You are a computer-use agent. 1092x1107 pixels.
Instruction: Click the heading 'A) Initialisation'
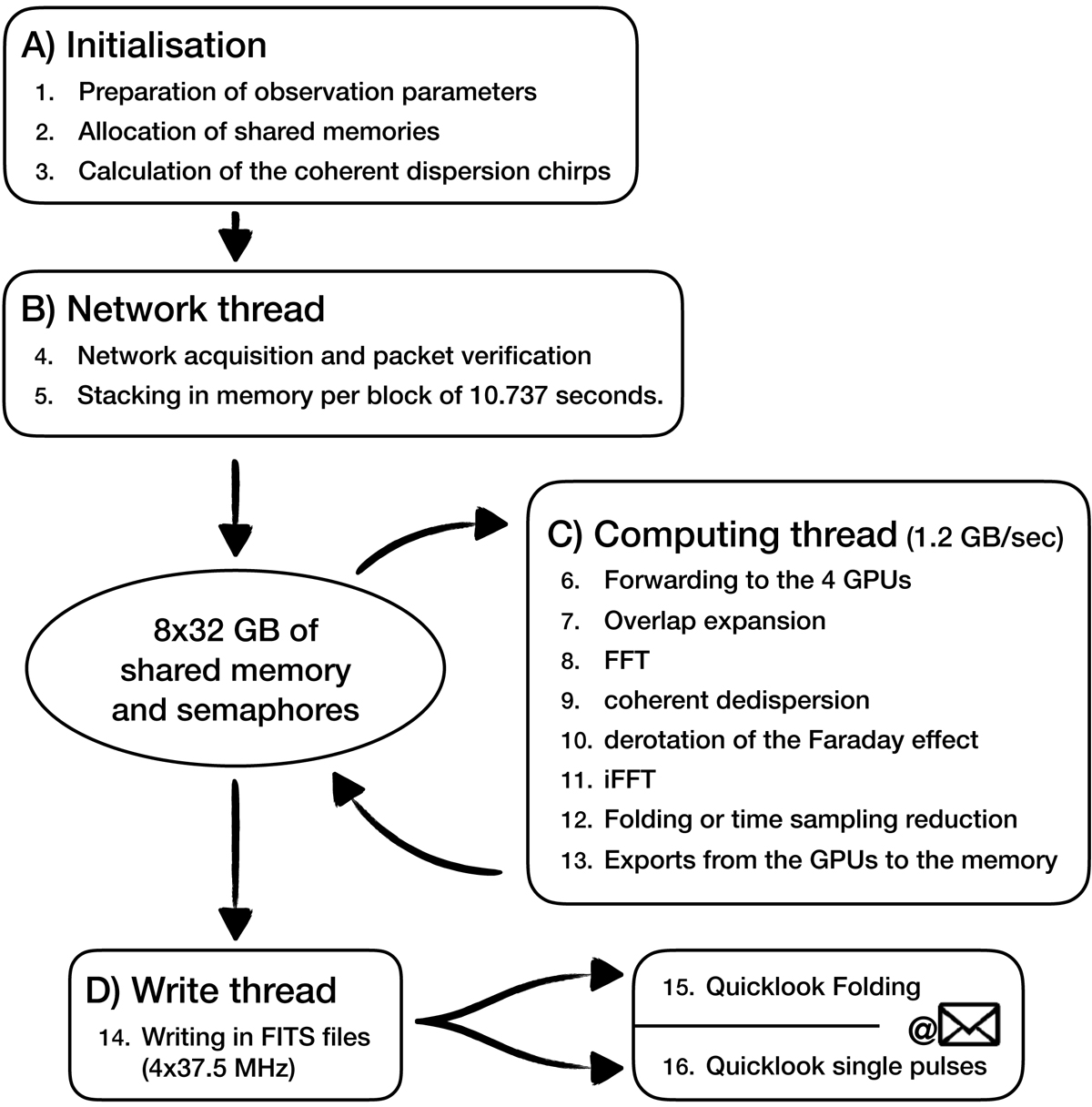(144, 46)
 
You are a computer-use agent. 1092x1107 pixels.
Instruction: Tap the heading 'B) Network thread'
(173, 310)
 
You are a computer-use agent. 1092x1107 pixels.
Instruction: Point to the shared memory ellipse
(236, 669)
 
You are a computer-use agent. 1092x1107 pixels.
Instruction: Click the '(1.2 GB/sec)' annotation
(985, 538)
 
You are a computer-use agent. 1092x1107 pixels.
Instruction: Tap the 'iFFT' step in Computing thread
(629, 779)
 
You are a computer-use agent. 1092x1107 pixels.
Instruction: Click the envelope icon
(970, 1025)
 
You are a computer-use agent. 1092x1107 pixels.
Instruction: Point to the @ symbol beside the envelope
(921, 1028)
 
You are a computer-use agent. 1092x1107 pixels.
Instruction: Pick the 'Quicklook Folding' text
(814, 987)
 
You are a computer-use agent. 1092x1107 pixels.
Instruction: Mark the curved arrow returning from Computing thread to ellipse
(409, 828)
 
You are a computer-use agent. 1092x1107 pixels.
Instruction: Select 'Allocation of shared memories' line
(258, 131)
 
